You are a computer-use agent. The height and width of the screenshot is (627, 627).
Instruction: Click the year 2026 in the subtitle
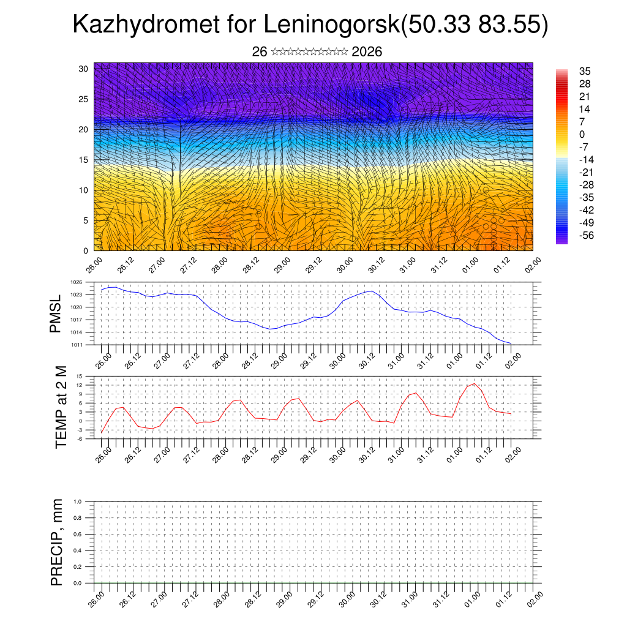point(367,52)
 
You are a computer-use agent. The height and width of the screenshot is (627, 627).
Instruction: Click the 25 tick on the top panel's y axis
point(84,99)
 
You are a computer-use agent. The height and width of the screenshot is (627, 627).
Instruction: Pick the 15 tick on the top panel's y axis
point(84,160)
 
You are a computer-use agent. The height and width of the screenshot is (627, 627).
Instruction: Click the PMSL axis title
point(56,313)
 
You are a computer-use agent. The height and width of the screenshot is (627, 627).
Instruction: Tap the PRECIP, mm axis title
point(57,543)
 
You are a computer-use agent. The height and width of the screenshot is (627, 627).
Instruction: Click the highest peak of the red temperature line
point(474,383)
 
